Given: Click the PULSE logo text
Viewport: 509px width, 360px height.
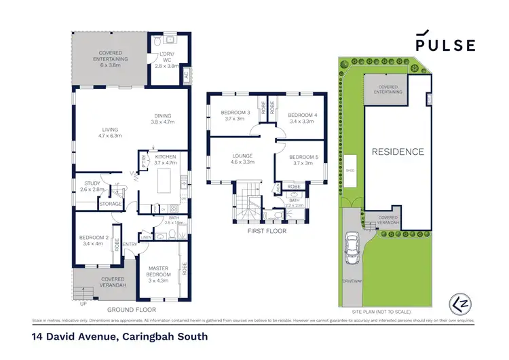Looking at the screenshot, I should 445,45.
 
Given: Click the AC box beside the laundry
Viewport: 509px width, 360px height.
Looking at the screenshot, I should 187,75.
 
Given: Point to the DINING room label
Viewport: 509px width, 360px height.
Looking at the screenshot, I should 162,119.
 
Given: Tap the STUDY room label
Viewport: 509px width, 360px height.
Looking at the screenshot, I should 92,186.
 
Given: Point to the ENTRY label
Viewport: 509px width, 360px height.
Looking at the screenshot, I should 130,245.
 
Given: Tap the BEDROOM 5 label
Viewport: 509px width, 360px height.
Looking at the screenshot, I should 301,160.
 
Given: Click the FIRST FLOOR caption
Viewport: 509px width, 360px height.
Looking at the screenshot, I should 267,231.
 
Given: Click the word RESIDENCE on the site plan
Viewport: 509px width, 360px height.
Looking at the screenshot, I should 397,152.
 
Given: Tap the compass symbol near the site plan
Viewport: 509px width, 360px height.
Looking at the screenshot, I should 459,302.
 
